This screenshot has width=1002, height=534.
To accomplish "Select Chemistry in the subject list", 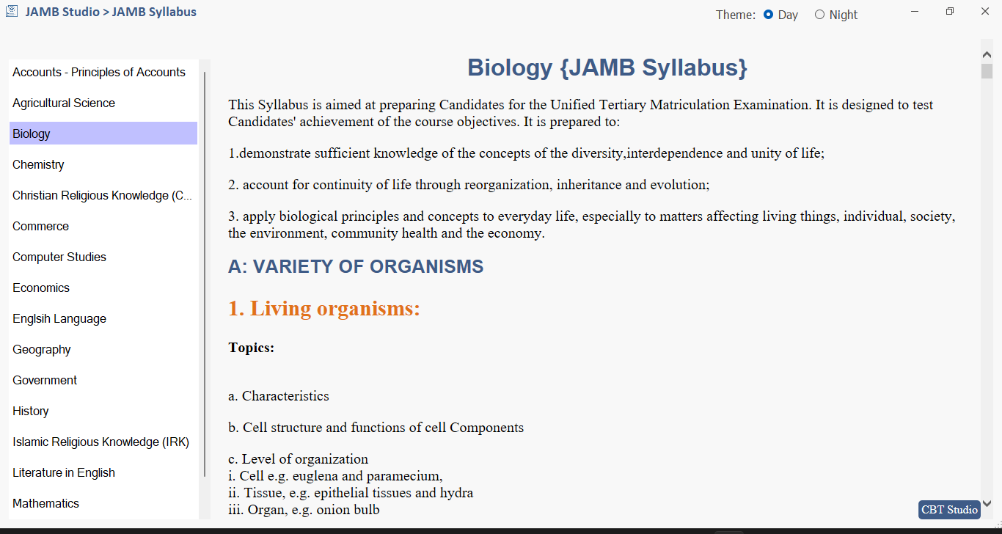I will click(x=38, y=164).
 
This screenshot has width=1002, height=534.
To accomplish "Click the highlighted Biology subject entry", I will click(x=32, y=133).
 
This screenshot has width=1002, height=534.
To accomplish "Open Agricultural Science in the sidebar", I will click(x=64, y=103).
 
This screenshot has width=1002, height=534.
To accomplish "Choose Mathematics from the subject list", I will click(x=45, y=503).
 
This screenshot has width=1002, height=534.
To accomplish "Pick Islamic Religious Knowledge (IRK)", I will click(x=100, y=442).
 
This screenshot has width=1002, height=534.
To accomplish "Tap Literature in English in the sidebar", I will click(x=64, y=472).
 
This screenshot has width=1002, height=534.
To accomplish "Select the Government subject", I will click(x=45, y=380).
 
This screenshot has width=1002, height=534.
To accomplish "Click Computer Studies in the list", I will click(x=59, y=257).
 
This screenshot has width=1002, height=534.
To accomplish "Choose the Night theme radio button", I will click(x=819, y=15).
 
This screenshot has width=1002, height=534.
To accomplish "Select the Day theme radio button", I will click(x=769, y=15).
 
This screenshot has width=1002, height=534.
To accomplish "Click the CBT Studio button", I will click(x=949, y=510).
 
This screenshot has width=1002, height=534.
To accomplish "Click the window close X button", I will click(x=985, y=11).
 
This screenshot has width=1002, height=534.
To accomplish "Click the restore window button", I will click(x=950, y=11).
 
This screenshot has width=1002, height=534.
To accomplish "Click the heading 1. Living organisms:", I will click(x=323, y=308).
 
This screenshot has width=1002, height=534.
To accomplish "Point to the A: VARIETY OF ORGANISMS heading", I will click(x=356, y=266).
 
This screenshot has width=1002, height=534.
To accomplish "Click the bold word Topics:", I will click(x=251, y=348).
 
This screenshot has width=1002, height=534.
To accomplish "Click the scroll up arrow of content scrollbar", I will click(x=987, y=54).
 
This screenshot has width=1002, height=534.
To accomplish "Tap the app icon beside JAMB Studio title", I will click(x=12, y=12).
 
